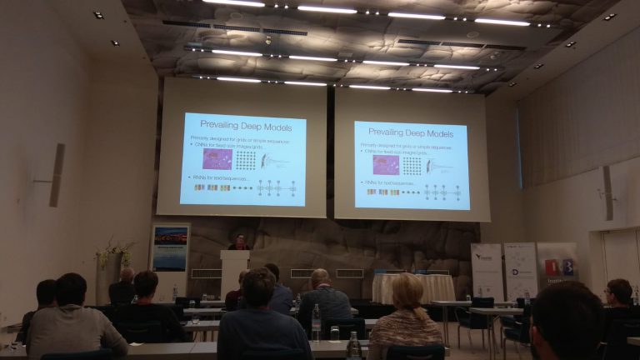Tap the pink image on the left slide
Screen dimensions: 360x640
coord(217,158)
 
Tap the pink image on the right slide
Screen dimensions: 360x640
coord(386,165)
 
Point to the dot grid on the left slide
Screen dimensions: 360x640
coord(245,159)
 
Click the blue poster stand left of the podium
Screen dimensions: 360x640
coord(170,259)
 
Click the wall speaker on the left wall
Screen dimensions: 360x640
coord(56,175)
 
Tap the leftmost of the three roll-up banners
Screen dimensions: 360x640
coord(487,271)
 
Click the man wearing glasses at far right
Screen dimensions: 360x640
coord(618,296)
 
